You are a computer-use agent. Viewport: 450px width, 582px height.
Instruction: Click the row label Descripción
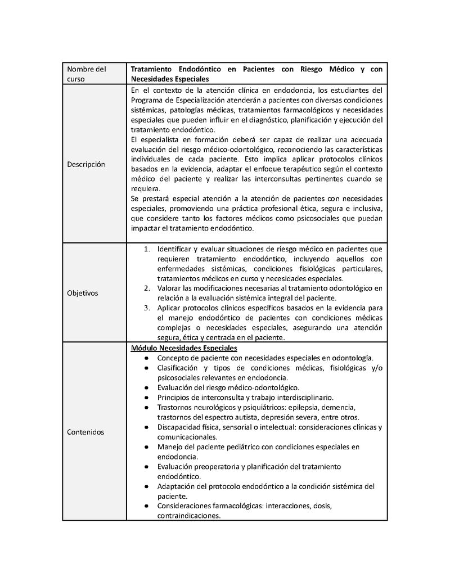[x=86, y=165]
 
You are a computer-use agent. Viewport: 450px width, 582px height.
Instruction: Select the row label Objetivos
[x=82, y=293]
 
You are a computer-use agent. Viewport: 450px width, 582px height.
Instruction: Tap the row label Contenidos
[x=85, y=432]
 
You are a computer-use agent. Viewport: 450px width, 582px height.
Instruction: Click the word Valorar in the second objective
[x=170, y=288]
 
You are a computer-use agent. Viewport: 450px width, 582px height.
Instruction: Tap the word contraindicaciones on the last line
[x=188, y=516]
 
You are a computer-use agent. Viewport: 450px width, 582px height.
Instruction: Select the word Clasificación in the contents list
[x=179, y=368]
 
